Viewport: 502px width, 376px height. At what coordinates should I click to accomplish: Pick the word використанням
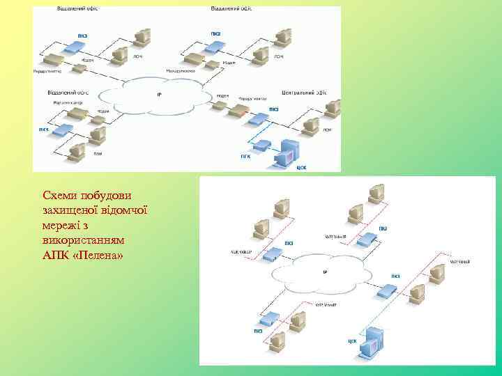coord(83,240)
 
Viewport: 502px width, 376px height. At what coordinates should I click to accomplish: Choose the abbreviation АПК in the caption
coord(56,256)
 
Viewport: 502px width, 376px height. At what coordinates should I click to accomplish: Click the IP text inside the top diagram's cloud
coord(159,95)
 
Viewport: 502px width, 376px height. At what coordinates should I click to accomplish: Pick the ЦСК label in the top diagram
coord(301,167)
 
